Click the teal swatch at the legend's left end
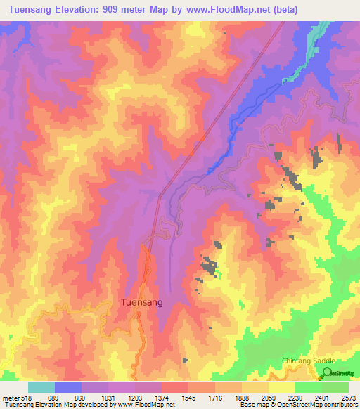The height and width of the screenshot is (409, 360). click(41, 387)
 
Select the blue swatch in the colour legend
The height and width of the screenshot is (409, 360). click(68, 387)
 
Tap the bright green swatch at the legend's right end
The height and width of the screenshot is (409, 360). click(335, 387)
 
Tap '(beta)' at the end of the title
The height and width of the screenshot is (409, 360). click(280, 10)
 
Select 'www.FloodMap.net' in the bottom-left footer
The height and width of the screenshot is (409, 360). click(143, 405)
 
